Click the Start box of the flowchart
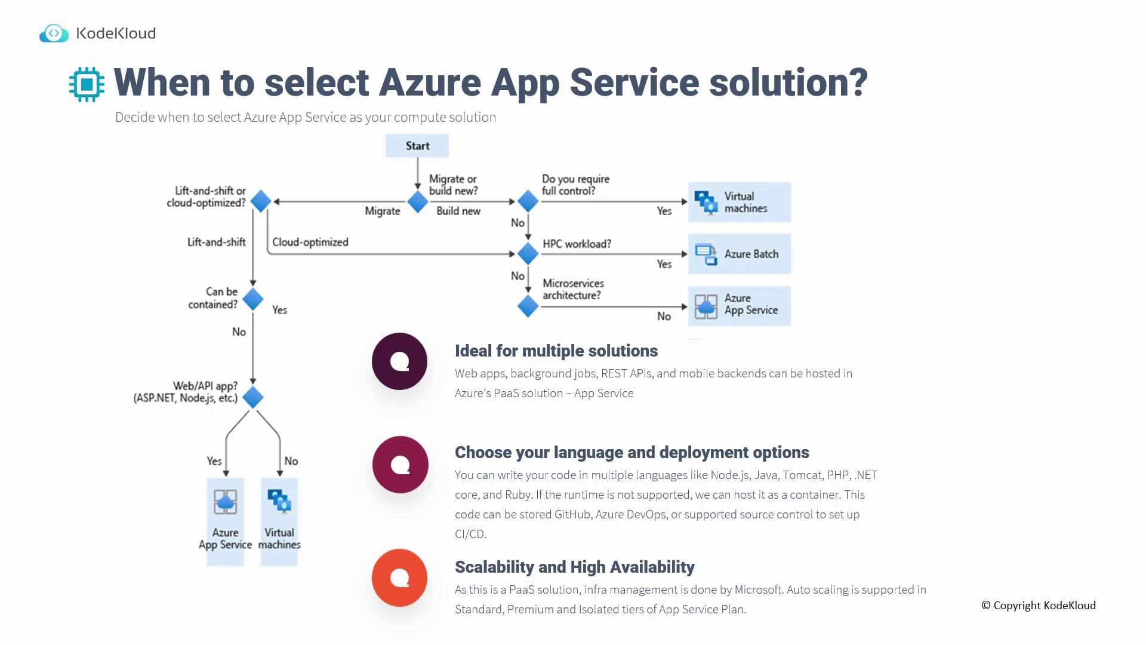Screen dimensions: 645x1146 click(x=417, y=146)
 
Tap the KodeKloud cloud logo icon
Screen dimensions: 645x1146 click(x=54, y=33)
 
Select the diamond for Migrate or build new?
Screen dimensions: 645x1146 click(x=418, y=202)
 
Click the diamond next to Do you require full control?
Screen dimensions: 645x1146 click(x=528, y=201)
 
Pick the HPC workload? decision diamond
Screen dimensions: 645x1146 click(x=528, y=254)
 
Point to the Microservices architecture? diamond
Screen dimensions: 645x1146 click(x=528, y=306)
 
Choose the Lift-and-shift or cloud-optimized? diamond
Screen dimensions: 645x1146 click(x=261, y=201)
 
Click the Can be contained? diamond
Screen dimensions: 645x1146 click(x=253, y=299)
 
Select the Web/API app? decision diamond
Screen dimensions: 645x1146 click(x=253, y=397)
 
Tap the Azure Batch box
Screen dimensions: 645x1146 click(x=739, y=254)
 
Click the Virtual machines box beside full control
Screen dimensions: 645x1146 click(x=739, y=202)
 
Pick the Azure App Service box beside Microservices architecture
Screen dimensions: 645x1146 click(x=739, y=306)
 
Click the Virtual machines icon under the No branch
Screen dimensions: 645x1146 click(x=279, y=501)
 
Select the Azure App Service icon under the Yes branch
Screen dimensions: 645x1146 click(x=225, y=502)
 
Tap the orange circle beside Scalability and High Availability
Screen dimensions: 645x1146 click(x=399, y=578)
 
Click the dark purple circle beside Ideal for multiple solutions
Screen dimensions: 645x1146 click(x=399, y=361)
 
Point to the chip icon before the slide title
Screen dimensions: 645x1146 click(x=87, y=84)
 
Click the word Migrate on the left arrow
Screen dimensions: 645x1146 click(x=383, y=211)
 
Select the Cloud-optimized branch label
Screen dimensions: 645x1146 click(x=310, y=242)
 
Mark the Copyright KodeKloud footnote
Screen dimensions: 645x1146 click(x=1039, y=606)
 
